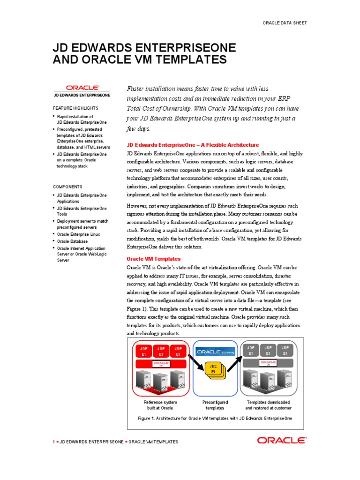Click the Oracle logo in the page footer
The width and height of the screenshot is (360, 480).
pyautogui.click(x=281, y=441)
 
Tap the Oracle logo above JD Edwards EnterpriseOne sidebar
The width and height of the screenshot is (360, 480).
pyautogui.click(x=82, y=87)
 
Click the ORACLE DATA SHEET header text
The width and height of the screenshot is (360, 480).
pyautogui.click(x=285, y=22)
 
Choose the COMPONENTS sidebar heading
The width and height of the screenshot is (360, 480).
pyautogui.click(x=68, y=187)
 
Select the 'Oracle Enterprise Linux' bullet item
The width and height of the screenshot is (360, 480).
pyautogui.click(x=78, y=234)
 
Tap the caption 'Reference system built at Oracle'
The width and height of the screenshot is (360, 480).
pyautogui.click(x=160, y=405)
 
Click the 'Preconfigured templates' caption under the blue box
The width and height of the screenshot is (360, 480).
pyautogui.click(x=215, y=405)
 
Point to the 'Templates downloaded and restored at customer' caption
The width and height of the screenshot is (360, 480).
pyautogui.click(x=268, y=405)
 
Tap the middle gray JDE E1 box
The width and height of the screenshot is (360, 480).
pyautogui.click(x=268, y=351)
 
